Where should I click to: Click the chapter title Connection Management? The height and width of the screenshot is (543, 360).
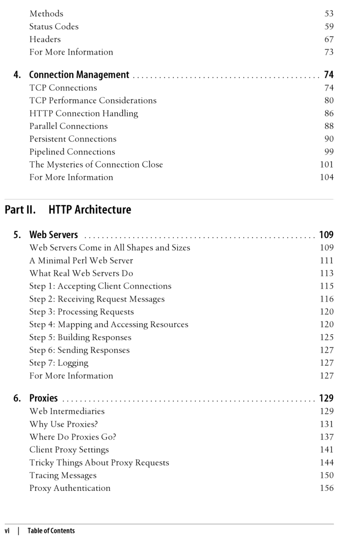tap(79, 74)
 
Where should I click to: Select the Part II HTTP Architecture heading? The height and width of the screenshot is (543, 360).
tap(68, 210)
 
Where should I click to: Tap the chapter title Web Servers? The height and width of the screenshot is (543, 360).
tap(54, 234)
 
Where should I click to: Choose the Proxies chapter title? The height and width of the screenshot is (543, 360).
tap(43, 398)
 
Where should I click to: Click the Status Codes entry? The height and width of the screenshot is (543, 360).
tap(54, 26)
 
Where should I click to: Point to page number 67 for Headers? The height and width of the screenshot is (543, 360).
tap(329, 39)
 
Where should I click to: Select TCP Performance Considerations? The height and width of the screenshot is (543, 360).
tap(93, 100)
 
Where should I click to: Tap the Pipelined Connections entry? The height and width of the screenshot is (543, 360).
tap(72, 152)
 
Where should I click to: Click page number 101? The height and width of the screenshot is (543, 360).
tap(327, 164)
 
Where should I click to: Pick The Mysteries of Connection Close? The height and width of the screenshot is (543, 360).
tap(96, 164)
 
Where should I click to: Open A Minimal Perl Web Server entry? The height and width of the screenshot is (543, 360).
tap(81, 260)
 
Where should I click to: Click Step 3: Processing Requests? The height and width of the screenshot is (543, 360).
tap(82, 312)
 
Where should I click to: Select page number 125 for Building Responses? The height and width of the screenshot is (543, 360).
tap(327, 337)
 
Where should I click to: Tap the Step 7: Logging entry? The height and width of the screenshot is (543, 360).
tap(59, 363)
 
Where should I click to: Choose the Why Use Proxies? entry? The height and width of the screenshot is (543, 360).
tap(63, 424)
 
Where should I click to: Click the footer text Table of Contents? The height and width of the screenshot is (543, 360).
tap(51, 531)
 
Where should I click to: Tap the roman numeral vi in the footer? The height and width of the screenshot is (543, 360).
tap(7, 531)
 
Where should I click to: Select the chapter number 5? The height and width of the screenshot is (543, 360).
tap(17, 234)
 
